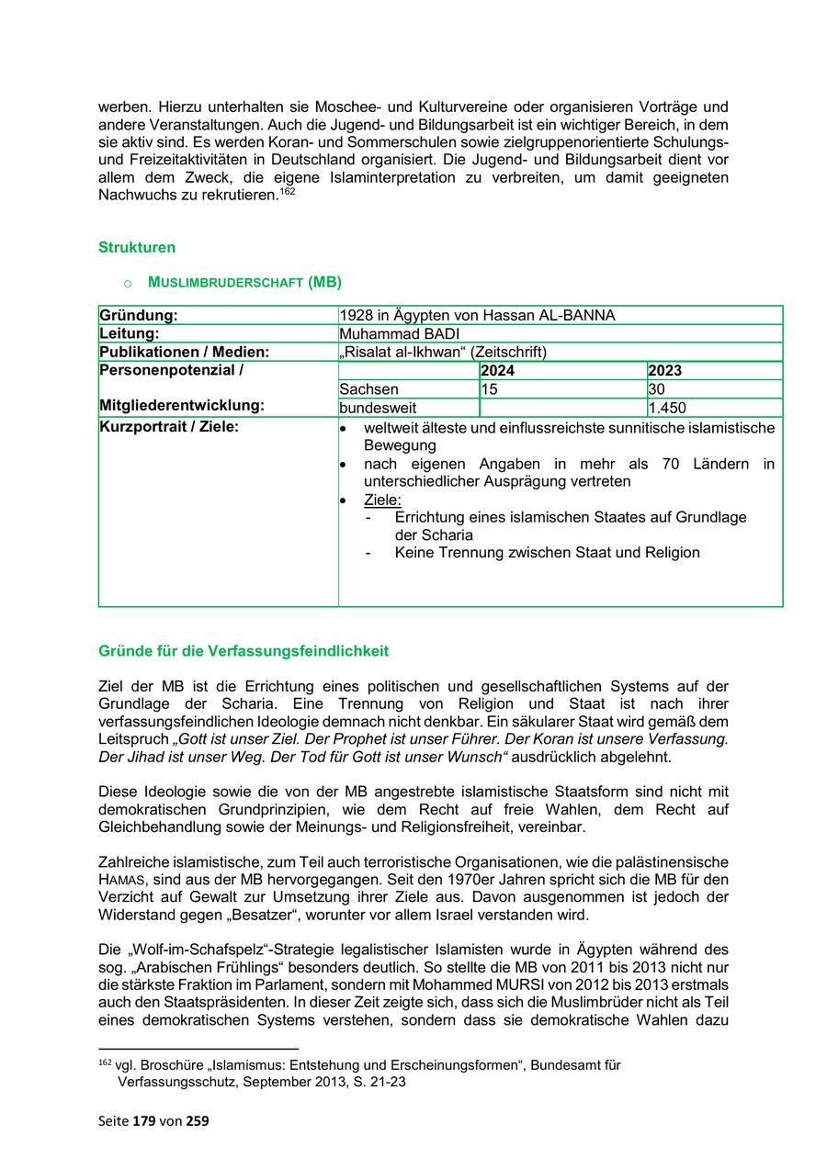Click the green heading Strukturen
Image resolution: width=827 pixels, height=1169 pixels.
coord(136,248)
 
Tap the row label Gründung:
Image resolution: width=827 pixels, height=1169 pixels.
coord(139,316)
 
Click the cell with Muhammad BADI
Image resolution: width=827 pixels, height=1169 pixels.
coord(400,333)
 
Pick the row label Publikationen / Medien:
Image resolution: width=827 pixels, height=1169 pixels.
coord(184,352)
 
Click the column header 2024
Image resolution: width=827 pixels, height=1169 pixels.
coord(498,371)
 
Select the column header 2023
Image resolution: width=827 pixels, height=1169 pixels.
coord(664,371)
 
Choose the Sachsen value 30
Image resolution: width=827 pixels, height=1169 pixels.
coord(657,389)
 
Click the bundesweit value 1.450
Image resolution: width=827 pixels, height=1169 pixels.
coord(667,408)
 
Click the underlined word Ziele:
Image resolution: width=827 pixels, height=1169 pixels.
coord(382,500)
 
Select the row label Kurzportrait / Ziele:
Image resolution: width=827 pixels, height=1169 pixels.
coord(168,427)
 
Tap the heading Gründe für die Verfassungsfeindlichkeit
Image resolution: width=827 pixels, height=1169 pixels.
coord(244,651)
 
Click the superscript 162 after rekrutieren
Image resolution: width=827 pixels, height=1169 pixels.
coord(289,191)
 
